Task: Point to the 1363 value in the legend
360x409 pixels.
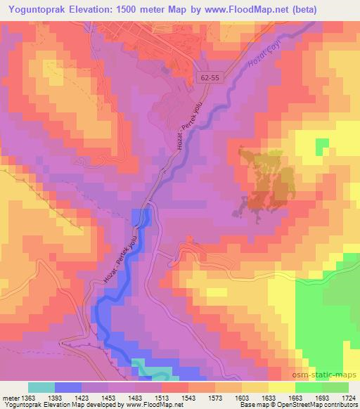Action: [21, 398]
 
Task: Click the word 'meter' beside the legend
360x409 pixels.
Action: [8, 398]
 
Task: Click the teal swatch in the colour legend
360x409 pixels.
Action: [41, 387]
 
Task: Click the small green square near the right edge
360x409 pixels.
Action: [322, 146]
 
